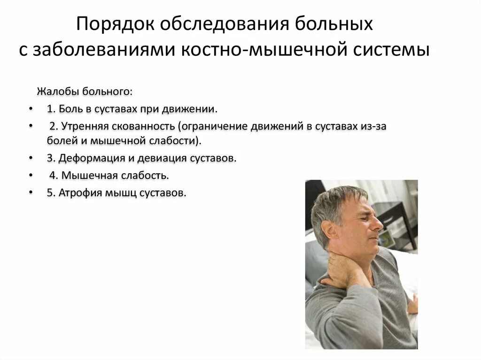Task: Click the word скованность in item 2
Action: [144, 127]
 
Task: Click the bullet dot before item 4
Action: [31, 176]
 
